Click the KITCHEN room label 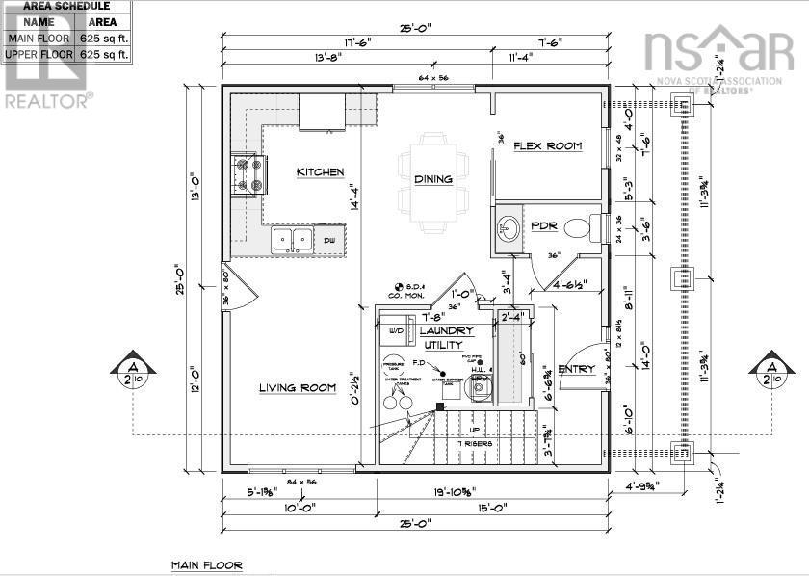tap(320, 172)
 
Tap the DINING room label tap(432, 179)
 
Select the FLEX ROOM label tap(547, 146)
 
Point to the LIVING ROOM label tap(297, 388)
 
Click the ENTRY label tap(577, 369)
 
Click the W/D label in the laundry tap(396, 330)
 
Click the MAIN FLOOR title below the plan tap(207, 565)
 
